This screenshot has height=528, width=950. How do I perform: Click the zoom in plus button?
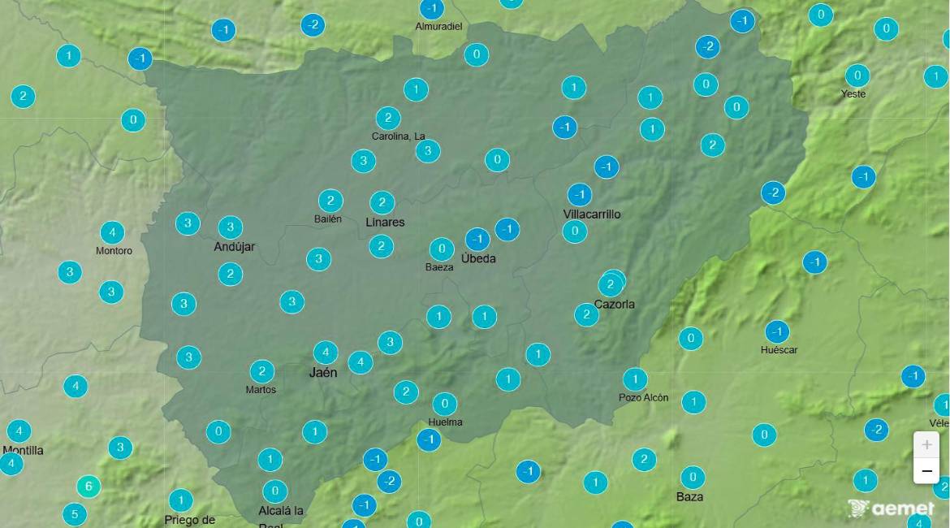[x=926, y=445]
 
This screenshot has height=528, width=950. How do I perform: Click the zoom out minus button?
[x=926, y=471]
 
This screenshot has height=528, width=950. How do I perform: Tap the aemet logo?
[x=891, y=509]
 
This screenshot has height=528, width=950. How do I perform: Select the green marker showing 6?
[x=89, y=487]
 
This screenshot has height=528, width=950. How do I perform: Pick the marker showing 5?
[x=74, y=514]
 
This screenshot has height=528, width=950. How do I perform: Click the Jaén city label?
[x=323, y=373]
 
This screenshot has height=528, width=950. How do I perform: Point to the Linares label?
[x=385, y=222]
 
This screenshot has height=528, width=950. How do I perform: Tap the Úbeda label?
[x=478, y=258]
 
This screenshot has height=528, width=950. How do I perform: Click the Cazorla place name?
[x=614, y=304]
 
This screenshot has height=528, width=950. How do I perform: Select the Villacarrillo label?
[x=592, y=214]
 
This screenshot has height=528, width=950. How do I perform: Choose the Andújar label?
[x=234, y=246]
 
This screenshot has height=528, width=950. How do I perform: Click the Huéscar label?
[x=779, y=349]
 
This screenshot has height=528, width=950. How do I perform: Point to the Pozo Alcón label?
[x=643, y=397]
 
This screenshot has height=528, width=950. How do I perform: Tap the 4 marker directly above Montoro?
[x=112, y=232]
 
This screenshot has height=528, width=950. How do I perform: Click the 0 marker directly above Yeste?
[x=857, y=76]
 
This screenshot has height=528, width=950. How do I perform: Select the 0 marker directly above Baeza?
[x=442, y=249]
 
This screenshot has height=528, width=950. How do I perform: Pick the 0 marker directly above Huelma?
[x=444, y=404]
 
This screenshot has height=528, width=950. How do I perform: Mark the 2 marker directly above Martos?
[x=261, y=372]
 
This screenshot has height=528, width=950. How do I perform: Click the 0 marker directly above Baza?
[x=692, y=477]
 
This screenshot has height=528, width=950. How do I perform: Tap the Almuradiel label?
[x=438, y=26]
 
